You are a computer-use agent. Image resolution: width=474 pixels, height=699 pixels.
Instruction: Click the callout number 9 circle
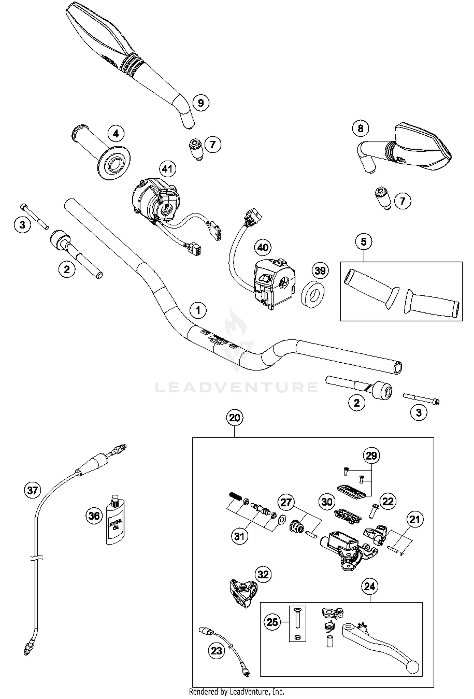[201, 103]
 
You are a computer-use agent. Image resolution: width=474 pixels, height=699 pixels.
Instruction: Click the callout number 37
[33, 490]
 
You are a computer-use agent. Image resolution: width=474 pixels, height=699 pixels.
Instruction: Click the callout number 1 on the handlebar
[198, 310]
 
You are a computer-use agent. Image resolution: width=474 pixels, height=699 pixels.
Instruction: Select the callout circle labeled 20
[234, 418]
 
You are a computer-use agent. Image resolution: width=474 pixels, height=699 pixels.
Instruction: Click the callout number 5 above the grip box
[363, 242]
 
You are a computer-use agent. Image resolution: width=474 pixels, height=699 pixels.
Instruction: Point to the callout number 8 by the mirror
[361, 128]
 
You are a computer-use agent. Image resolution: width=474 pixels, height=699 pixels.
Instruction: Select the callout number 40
[263, 248]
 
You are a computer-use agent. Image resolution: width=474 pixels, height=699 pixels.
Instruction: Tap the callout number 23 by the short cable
[216, 651]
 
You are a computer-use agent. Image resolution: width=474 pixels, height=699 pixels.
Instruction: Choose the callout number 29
[371, 456]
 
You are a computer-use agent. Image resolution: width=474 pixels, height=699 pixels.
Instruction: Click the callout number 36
[94, 516]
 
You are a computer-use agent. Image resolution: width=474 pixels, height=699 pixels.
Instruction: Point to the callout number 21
[415, 519]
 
